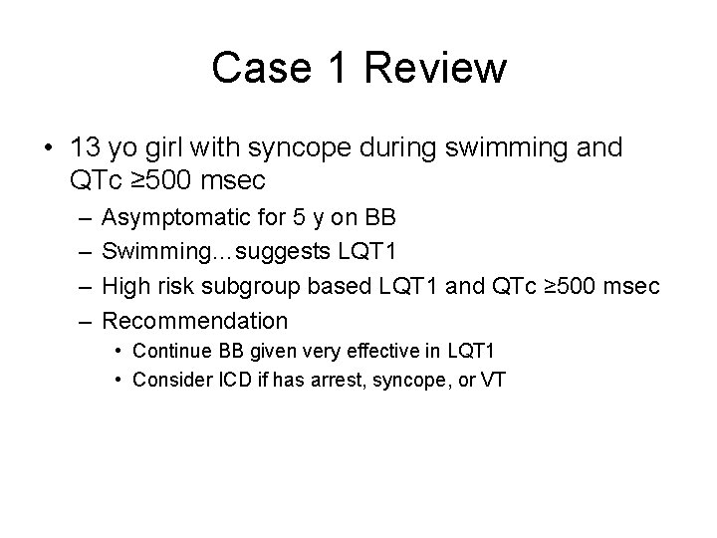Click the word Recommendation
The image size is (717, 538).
[x=195, y=321]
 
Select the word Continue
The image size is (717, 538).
[x=167, y=351]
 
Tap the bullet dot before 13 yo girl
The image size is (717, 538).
[x=47, y=148]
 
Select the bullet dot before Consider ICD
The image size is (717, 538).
[x=119, y=379]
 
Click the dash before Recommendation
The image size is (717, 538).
[x=79, y=321]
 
